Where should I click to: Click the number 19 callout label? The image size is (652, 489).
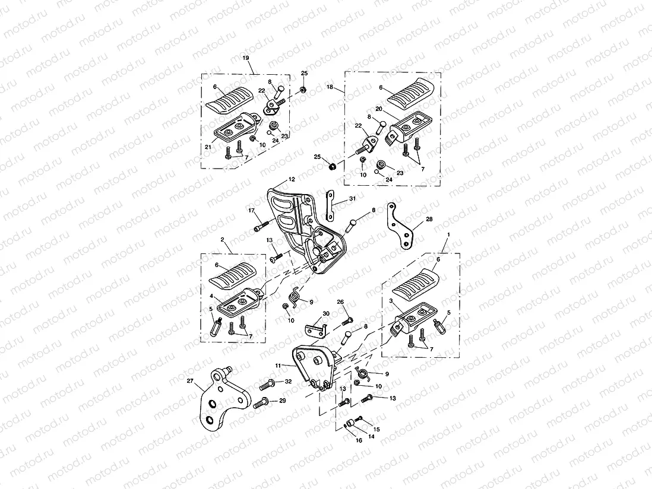tap(245, 58)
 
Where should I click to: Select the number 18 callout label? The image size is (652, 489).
tap(330, 87)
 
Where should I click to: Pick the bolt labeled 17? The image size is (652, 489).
tap(261, 226)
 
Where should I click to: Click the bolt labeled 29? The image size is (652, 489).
tap(261, 405)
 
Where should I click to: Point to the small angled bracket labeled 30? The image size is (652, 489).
tap(314, 328)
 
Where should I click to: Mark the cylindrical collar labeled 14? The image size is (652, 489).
tap(350, 424)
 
